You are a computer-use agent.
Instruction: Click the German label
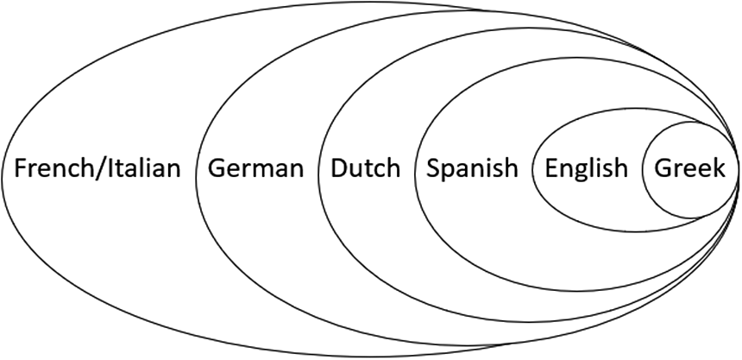256,168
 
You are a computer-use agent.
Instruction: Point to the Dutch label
366,168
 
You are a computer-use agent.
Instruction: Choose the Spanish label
473,168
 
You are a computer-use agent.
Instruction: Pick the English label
587,168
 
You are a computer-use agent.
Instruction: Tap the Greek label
690,168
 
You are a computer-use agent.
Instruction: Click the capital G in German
216,168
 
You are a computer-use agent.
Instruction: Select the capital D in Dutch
339,168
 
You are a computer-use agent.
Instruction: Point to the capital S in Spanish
433,168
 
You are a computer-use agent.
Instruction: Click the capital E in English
550,168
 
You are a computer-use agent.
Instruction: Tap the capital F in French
20,168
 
